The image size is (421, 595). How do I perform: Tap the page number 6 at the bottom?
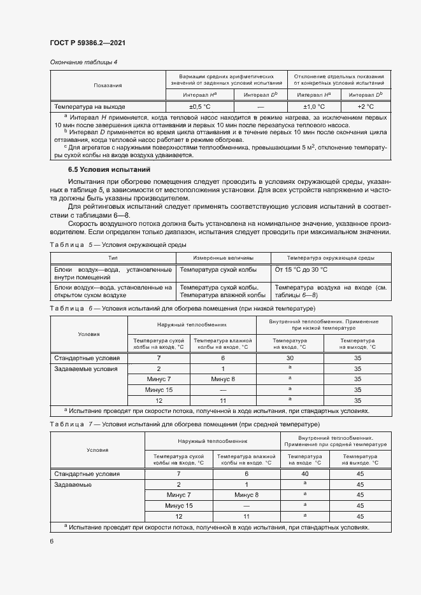point(52,541)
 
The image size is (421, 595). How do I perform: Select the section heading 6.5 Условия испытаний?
point(109,170)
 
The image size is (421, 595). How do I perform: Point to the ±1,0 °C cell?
point(314,106)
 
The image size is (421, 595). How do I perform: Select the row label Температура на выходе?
point(90,106)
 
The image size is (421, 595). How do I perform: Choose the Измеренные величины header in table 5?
point(223,258)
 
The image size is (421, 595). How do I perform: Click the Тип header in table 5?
point(113,258)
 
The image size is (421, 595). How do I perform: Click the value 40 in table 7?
point(304,474)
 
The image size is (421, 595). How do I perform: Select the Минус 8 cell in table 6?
point(223,379)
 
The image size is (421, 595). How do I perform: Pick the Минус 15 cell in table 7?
point(178,505)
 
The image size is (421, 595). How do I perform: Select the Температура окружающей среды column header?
point(330,258)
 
